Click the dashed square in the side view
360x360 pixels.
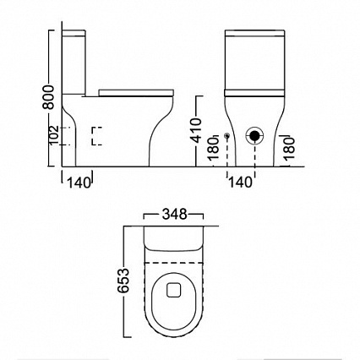[98, 136]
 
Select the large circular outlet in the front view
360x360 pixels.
[254, 135]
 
